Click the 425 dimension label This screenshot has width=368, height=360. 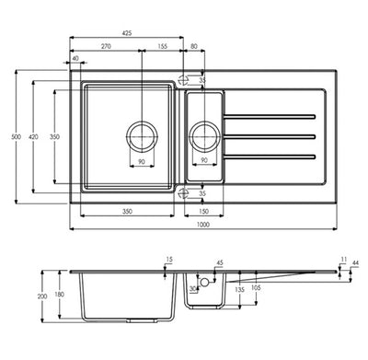tap(127, 33)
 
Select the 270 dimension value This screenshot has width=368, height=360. tap(106, 46)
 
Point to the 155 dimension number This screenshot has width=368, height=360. tap(163, 46)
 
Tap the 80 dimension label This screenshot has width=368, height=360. tap(194, 46)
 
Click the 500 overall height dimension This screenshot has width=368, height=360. tap(17, 136)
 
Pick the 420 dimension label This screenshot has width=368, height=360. tap(33, 136)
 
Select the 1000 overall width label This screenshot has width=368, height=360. tap(203, 225)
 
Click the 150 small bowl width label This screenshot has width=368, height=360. tap(203, 211)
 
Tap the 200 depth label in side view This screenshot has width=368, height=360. tap(42, 296)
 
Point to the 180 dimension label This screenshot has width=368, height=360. tap(59, 295)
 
